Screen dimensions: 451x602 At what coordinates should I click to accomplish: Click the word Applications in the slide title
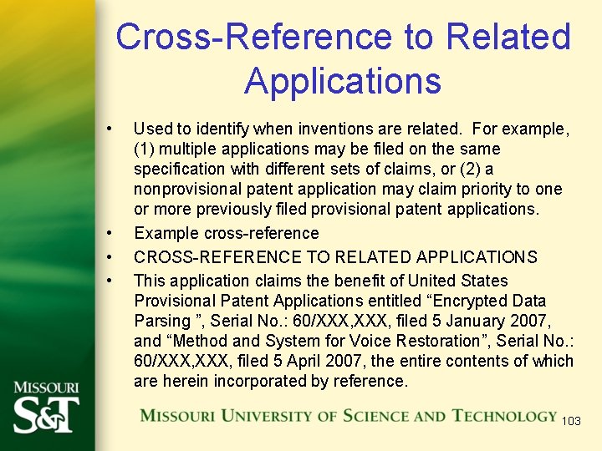(x=343, y=81)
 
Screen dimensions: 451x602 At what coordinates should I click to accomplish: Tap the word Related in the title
(x=508, y=37)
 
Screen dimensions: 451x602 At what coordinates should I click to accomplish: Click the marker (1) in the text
(x=144, y=149)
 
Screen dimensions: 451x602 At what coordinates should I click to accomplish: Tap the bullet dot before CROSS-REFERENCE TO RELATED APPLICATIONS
(x=109, y=256)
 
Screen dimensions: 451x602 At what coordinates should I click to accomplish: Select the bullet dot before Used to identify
(x=109, y=129)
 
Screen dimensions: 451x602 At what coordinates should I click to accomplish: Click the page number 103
(x=571, y=421)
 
